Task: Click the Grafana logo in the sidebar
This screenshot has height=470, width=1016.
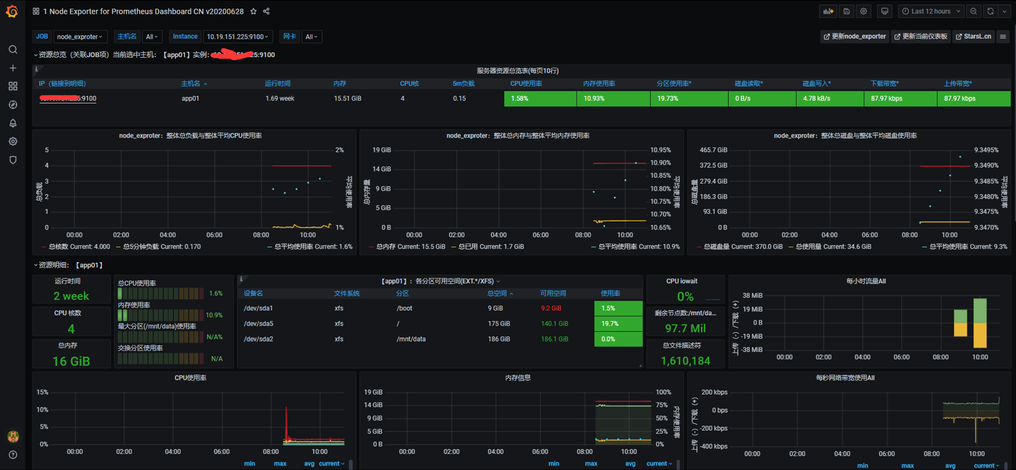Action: [x=12, y=11]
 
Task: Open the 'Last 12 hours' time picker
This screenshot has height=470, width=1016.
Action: [x=930, y=11]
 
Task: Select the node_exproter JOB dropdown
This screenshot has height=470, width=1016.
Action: [x=80, y=37]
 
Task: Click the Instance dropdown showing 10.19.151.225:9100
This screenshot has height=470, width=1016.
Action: [x=238, y=37]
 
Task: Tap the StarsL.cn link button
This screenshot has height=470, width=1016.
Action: [x=973, y=37]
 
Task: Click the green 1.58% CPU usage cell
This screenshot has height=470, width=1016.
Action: [x=540, y=98]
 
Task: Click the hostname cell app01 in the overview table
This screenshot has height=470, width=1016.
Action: [x=190, y=98]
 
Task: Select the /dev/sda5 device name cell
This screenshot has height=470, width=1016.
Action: [x=258, y=324]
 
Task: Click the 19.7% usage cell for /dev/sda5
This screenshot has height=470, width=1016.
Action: [x=618, y=324]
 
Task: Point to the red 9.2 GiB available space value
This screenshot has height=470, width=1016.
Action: [x=551, y=308]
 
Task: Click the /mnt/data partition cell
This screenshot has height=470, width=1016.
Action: [x=411, y=339]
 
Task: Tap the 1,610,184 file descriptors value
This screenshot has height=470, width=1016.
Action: [x=685, y=361]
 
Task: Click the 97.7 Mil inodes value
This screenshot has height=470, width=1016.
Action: [x=685, y=328]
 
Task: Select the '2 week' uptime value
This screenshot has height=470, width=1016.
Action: [x=71, y=296]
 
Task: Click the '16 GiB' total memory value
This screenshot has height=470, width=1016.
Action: [x=71, y=361]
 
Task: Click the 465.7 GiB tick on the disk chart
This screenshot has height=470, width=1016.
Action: [x=714, y=150]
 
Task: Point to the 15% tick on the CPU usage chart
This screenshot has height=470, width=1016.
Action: [x=43, y=392]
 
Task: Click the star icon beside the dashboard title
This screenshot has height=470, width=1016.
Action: [x=253, y=11]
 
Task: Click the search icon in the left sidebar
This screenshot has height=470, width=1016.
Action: [x=12, y=50]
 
